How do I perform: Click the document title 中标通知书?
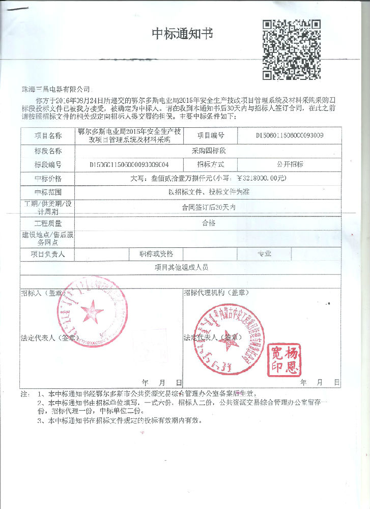(182, 34)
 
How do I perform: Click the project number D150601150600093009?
(290, 135)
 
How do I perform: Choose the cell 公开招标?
(290, 164)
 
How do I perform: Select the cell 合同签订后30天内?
(207, 208)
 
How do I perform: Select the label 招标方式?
(210, 164)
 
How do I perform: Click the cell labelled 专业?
(264, 253)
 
